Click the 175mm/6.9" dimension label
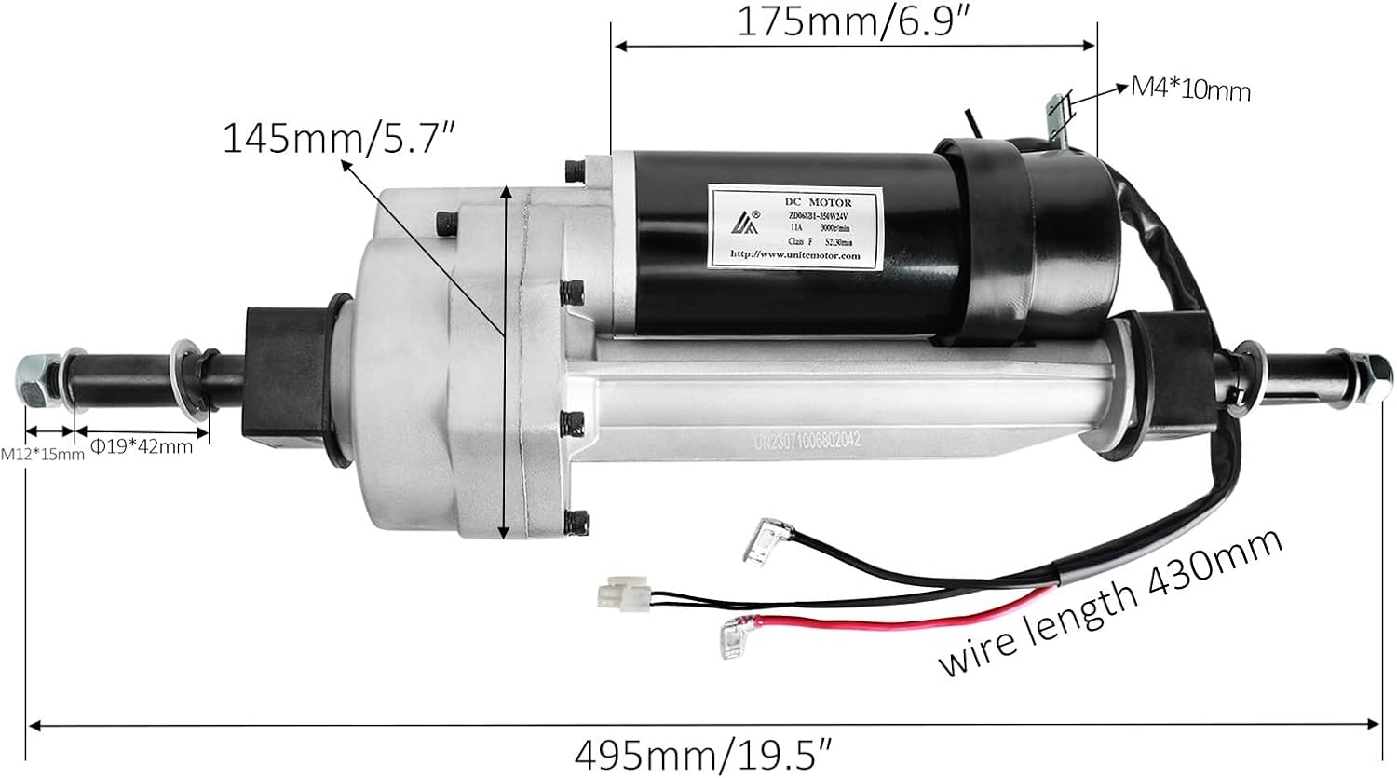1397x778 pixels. tap(855, 21)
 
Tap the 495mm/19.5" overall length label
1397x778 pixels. tap(702, 751)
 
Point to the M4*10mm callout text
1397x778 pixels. tap(1190, 89)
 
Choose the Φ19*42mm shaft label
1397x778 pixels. tap(142, 446)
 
